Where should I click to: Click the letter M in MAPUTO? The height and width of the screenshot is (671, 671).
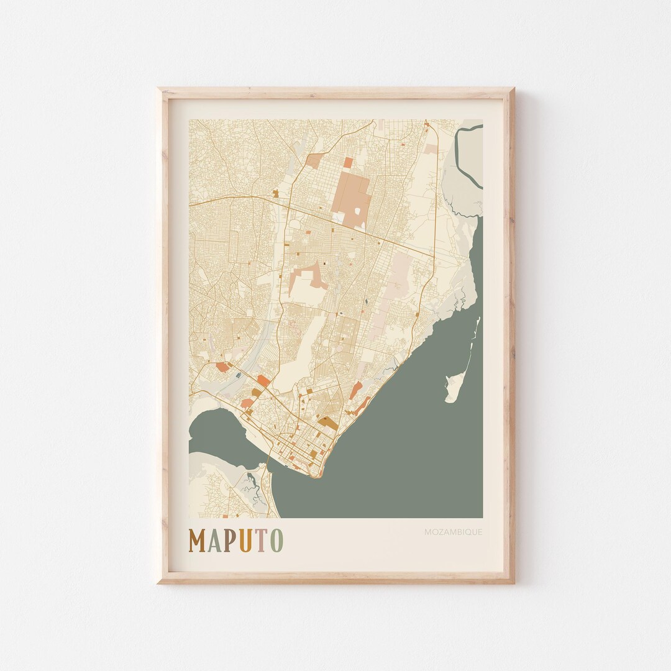198,541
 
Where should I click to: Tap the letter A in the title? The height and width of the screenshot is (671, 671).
215,541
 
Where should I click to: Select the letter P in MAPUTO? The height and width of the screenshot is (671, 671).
231,541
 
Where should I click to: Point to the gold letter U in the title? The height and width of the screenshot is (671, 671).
245,541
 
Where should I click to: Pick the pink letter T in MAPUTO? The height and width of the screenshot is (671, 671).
261,541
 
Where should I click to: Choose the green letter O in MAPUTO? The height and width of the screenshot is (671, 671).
276,541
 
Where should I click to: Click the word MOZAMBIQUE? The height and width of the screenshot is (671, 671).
453,532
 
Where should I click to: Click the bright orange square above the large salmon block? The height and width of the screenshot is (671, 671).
348,162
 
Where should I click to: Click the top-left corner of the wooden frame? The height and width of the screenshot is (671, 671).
159,89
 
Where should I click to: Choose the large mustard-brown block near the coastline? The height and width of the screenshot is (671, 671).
329,423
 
